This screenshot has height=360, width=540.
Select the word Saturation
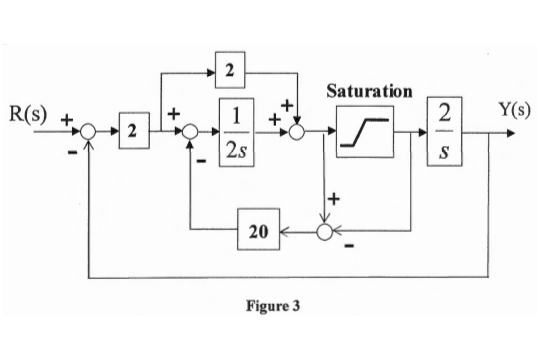(369, 91)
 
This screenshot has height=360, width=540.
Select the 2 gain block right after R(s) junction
(131, 131)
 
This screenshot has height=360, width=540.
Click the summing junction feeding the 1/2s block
(189, 131)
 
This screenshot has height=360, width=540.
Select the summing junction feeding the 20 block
(325, 232)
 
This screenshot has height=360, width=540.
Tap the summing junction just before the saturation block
(296, 131)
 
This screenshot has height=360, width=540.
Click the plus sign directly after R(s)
(68, 119)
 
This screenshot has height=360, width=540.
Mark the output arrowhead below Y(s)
(511, 131)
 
